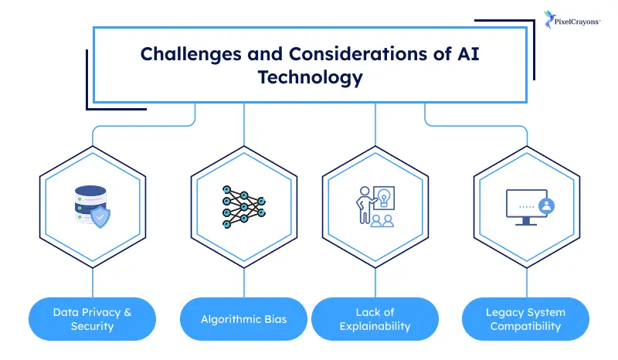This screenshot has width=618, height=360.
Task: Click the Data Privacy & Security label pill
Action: [92, 319]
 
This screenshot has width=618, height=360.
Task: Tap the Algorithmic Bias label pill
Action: [244, 319]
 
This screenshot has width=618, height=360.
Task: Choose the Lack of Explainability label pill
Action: [375, 319]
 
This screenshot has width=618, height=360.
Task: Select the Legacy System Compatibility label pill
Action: [525, 319]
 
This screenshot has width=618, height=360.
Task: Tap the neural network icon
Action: [244, 207]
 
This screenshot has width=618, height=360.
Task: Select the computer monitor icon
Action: [525, 207]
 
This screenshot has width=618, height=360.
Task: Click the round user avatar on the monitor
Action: [548, 206]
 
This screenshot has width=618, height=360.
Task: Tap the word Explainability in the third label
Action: [375, 326]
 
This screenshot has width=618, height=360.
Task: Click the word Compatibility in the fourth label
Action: [525, 326]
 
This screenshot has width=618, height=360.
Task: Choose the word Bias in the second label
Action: [273, 319]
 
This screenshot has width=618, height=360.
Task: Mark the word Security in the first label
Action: [92, 326]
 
